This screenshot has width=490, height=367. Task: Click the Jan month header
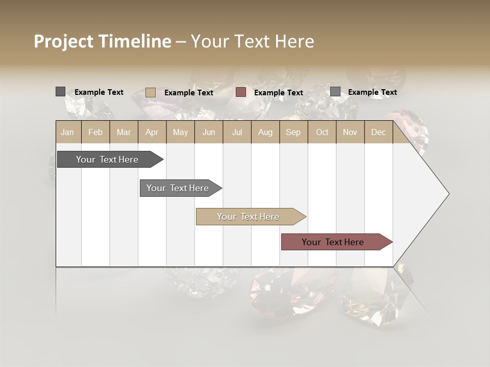67,132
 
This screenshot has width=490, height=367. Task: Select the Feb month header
95,132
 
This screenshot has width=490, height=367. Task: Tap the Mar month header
124,132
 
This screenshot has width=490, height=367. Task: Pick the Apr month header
152,132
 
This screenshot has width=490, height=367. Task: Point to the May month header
180,132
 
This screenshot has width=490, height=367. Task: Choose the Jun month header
209,132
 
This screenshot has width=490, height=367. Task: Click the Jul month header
237,132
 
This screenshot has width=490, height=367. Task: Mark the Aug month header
265,132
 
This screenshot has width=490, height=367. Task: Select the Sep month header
293,132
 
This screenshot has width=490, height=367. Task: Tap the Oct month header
322,132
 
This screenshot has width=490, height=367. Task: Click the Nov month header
350,132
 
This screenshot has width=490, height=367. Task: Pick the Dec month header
379,132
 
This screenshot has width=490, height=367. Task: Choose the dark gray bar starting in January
108,160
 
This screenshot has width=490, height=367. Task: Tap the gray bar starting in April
178,188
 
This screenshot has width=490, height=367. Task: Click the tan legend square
151,92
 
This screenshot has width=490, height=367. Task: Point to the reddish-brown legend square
241,92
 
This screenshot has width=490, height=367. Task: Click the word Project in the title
63,41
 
